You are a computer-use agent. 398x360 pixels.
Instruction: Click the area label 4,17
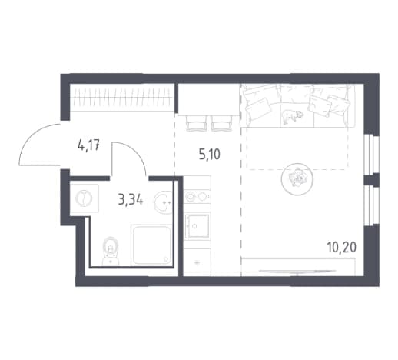(x=88, y=146)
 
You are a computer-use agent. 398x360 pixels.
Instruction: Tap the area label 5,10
(x=209, y=155)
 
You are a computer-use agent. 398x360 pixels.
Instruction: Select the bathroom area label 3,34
(x=131, y=200)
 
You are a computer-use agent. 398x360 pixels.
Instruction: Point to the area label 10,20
(x=341, y=248)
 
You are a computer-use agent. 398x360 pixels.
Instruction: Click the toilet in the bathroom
(x=111, y=251)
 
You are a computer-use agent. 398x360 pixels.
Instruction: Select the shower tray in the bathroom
(x=151, y=245)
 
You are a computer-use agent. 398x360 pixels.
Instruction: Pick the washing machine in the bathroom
(x=85, y=198)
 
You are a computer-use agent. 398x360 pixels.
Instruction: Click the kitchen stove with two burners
(x=197, y=197)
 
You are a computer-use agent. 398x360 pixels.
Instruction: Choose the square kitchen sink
(x=197, y=226)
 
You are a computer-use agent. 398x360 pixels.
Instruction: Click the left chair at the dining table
(x=197, y=123)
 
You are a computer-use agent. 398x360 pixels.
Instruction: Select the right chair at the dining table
(x=222, y=123)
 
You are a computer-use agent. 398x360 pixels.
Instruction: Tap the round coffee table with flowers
(x=297, y=179)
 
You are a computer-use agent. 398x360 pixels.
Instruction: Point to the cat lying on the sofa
(x=293, y=116)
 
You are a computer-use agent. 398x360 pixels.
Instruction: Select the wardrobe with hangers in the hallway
(x=122, y=98)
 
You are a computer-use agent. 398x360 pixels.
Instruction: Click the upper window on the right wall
(x=371, y=154)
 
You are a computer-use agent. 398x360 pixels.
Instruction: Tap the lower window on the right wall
(x=371, y=205)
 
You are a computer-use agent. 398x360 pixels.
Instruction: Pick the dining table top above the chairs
(x=209, y=100)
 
